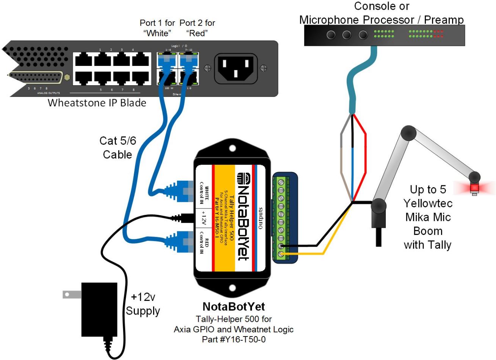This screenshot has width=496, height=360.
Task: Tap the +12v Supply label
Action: tap(143, 304)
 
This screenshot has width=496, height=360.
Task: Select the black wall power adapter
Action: tap(99, 309)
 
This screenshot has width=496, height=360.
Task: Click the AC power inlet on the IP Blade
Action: tap(236, 68)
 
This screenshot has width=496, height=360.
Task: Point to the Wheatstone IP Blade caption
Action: tap(97, 103)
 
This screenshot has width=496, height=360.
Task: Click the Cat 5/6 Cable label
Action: tap(117, 147)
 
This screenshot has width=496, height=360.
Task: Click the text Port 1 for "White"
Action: tap(157, 28)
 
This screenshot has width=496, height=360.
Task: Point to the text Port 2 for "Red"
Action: tap(197, 28)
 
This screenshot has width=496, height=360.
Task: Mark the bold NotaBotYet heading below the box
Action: tap(233, 307)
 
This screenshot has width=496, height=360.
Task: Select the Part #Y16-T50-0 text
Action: tap(233, 339)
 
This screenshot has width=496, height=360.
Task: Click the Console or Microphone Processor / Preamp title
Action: tap(381, 13)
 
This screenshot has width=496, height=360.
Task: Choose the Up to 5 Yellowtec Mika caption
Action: tap(427, 217)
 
